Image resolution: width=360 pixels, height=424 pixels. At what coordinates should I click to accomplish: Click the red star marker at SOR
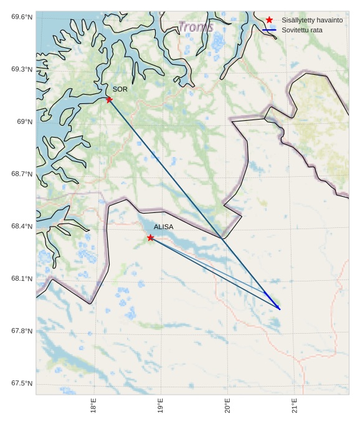109,100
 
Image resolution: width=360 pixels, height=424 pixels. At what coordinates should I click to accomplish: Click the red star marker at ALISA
151,238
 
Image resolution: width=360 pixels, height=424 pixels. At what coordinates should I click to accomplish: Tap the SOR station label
120,89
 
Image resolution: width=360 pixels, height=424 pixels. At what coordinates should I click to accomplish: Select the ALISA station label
164,227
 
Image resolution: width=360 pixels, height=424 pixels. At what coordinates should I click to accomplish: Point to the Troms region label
196,27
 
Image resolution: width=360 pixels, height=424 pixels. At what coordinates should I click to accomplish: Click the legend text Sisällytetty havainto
312,20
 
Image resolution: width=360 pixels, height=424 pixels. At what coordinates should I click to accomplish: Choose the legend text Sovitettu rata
302,30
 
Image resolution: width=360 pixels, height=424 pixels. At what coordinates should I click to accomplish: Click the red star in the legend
269,20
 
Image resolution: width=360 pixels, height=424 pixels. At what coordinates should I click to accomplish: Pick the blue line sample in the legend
269,30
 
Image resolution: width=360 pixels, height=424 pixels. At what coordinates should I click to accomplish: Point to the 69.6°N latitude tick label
22,17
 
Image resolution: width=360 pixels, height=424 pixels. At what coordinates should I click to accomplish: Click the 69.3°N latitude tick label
22,69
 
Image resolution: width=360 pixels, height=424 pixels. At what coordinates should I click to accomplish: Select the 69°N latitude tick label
24,121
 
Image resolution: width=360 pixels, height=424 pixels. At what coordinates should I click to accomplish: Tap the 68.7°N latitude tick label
22,174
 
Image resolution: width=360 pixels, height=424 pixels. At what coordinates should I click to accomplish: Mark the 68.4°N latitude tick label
22,226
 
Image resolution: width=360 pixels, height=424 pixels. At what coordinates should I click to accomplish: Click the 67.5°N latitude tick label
22,383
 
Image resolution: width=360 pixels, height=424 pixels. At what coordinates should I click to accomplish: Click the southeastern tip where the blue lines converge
280,309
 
